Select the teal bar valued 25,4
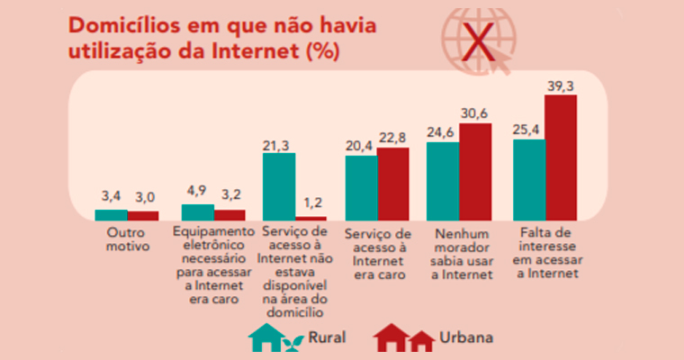coord(528,179)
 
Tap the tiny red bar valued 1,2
coord(311,218)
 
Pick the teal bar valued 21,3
coord(279,186)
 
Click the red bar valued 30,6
coord(476,171)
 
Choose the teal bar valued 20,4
coord(361,187)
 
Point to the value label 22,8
coord(393,136)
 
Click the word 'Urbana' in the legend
coord(466,339)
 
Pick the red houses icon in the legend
coord(404,338)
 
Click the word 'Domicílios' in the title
coord(133,23)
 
